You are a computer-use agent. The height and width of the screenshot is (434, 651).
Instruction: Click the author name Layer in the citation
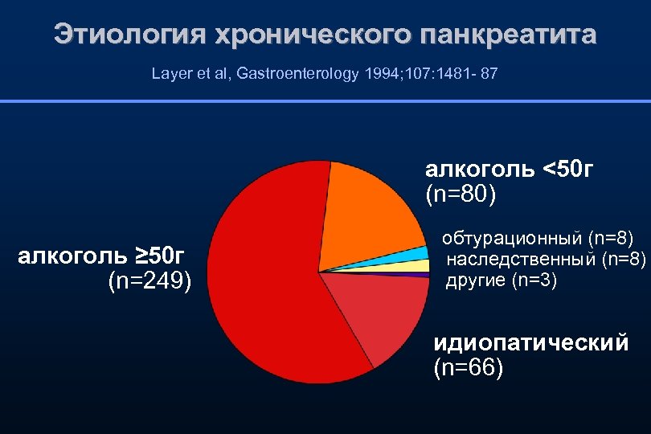(x=169, y=74)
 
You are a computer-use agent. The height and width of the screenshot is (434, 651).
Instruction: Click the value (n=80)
(x=461, y=194)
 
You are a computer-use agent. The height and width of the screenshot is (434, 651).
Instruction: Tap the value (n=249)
(x=149, y=281)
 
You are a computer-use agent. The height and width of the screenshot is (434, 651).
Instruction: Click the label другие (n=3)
(x=501, y=280)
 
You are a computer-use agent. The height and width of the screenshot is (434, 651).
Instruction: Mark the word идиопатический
(x=531, y=344)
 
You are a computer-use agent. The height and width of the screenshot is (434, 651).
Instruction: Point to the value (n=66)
(x=469, y=369)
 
